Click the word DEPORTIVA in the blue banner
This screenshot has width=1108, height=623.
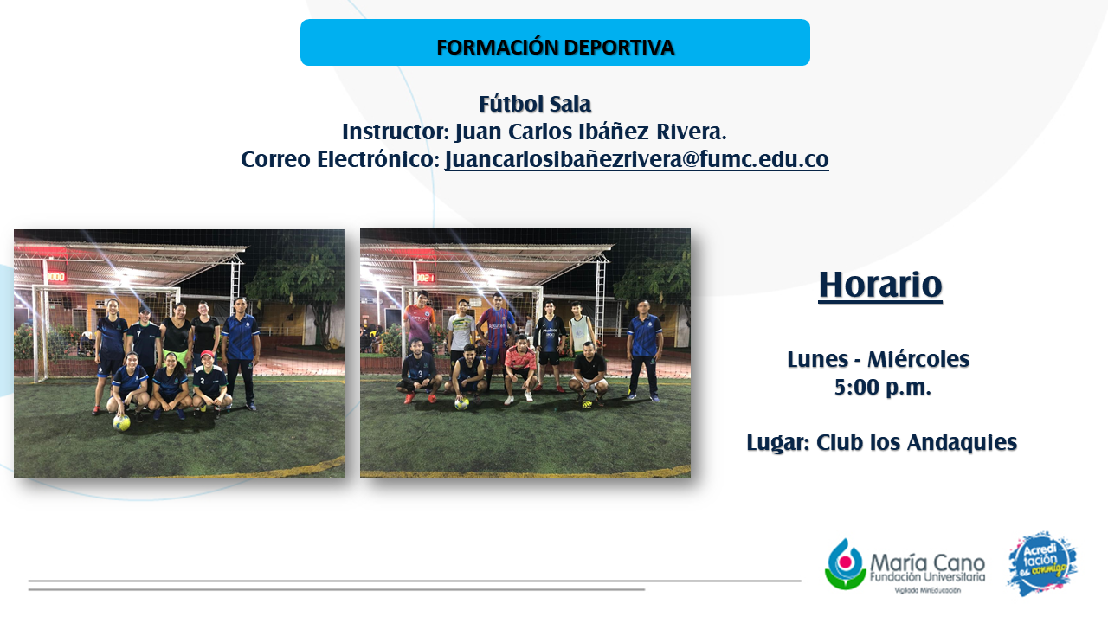(618, 48)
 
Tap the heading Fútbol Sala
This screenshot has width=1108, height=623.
(535, 105)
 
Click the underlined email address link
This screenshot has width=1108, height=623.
(636, 159)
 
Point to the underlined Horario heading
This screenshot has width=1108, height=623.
(880, 285)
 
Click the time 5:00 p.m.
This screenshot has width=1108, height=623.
(882, 387)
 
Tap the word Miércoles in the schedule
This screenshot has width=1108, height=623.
(918, 359)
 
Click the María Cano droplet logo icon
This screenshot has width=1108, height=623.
(846, 563)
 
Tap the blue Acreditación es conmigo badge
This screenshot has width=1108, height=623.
(1042, 563)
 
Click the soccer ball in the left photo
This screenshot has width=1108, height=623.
(121, 423)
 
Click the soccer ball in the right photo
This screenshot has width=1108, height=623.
(461, 404)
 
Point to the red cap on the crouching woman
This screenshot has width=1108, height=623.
(208, 354)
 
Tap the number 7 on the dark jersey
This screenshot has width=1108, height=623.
(139, 334)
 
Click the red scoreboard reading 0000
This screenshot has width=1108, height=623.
(55, 276)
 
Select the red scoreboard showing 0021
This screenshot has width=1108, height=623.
(425, 278)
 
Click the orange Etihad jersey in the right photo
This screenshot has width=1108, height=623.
(420, 323)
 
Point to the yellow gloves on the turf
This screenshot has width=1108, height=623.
(587, 405)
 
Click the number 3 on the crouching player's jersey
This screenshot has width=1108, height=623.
(421, 375)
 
